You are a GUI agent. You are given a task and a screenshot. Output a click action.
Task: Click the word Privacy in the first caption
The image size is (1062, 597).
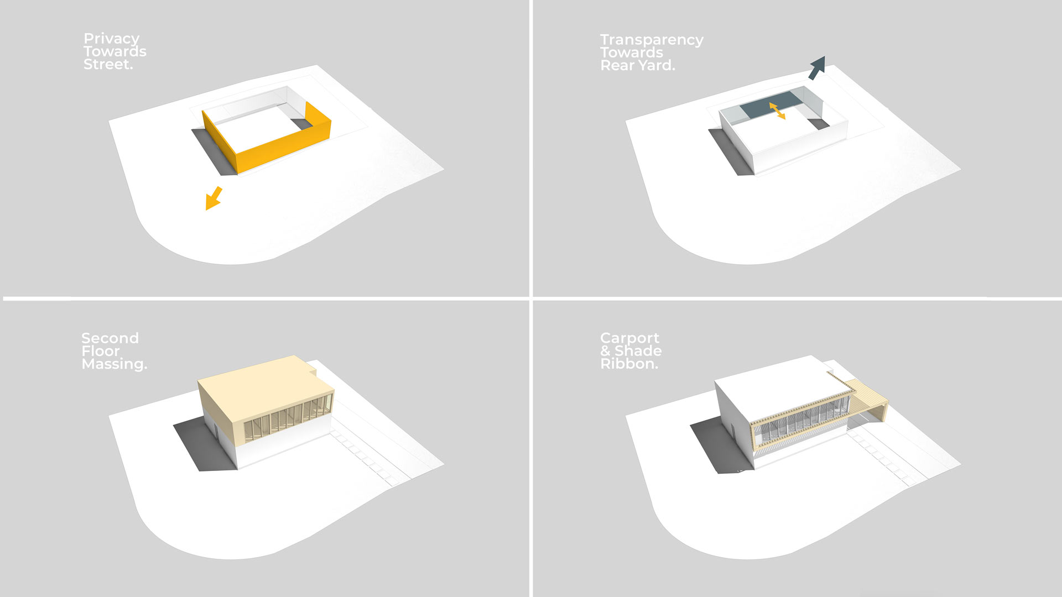click(111, 39)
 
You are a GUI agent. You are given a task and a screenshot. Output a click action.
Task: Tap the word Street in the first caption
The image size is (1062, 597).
click(107, 65)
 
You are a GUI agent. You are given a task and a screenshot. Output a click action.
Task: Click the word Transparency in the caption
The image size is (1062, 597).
click(652, 40)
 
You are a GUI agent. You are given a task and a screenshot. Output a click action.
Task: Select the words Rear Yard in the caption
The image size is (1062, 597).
click(636, 66)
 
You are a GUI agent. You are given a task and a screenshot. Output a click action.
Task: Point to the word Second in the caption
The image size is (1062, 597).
click(110, 338)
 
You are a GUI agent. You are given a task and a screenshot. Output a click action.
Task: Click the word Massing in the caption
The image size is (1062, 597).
click(113, 364)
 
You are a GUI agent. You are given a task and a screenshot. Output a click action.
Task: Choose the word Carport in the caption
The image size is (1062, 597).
click(629, 338)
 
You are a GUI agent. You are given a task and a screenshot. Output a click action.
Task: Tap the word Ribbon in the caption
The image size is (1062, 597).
click(628, 364)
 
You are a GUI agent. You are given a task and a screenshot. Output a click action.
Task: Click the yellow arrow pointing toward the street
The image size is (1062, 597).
click(214, 198)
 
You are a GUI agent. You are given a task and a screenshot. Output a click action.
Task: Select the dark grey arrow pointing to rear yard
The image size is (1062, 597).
click(817, 67)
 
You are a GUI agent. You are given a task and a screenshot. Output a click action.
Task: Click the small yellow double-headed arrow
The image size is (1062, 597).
click(777, 111)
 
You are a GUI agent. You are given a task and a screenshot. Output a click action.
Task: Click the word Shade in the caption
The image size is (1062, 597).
click(638, 351)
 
